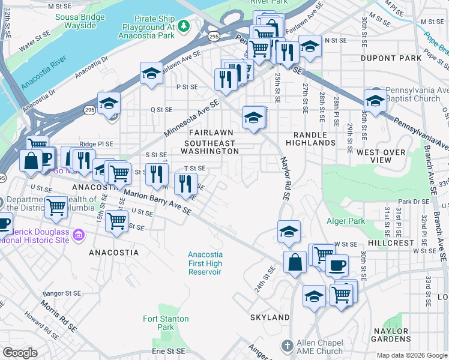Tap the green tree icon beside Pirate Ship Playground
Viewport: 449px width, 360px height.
pyautogui.click(x=184, y=25)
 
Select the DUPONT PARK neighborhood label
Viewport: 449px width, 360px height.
pyautogui.click(x=383, y=58)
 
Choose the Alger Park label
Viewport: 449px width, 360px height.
pyautogui.click(x=345, y=221)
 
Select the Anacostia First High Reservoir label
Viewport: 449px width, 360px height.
pyautogui.click(x=205, y=263)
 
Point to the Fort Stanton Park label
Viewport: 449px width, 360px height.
pyautogui.click(x=166, y=323)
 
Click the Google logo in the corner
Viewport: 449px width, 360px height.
pyautogui.click(x=20, y=353)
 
